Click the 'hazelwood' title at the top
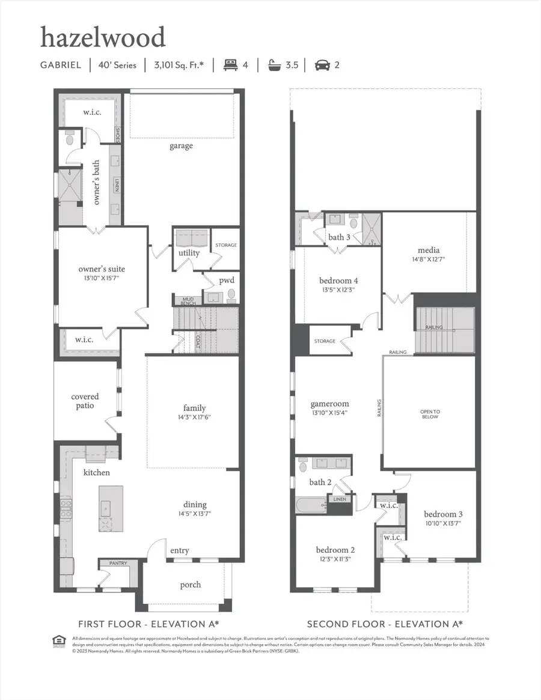click(x=102, y=38)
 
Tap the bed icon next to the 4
click(x=230, y=65)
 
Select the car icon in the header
click(x=322, y=65)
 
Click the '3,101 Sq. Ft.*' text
click(x=178, y=65)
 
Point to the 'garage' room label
click(x=181, y=145)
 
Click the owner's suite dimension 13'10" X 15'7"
click(x=102, y=279)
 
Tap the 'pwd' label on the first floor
click(x=227, y=280)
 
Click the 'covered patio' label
click(x=85, y=401)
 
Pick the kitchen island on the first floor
click(x=111, y=508)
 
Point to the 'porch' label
click(x=191, y=585)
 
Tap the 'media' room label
click(x=429, y=250)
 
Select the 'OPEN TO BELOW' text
click(x=429, y=413)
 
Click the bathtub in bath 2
click(x=310, y=504)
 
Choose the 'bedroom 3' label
click(x=443, y=514)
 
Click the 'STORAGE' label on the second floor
click(x=325, y=341)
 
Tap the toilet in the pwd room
click(x=231, y=296)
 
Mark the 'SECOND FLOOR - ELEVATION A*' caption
click(x=385, y=624)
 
